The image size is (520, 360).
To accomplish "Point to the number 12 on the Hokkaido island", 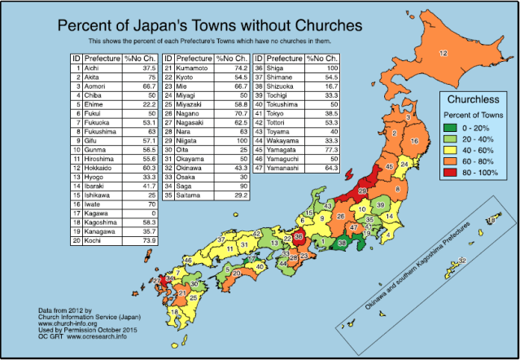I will (x=443, y=54).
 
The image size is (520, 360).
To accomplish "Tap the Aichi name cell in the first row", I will (x=95, y=69).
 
